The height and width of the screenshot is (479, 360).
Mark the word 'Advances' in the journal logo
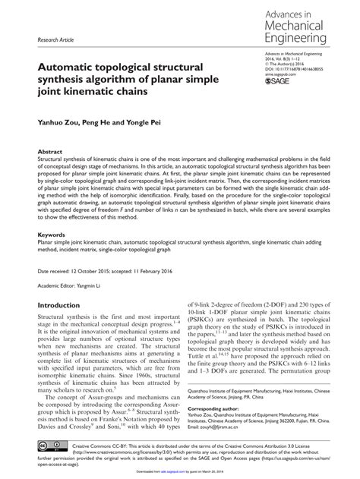click(280, 14)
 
